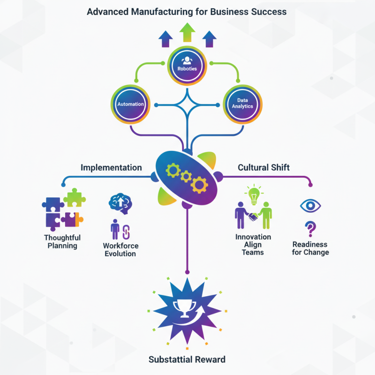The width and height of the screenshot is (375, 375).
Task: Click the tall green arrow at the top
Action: coord(187,33)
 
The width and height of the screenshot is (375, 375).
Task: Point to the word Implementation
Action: coord(111,167)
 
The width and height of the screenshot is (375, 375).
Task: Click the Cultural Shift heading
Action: coord(264,167)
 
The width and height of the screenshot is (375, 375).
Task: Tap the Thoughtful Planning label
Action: coord(62,241)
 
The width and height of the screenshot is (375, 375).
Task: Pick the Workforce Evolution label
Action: coord(120,249)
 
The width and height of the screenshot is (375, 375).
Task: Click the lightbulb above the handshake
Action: coord(253,194)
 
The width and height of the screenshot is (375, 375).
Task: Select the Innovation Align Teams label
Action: coord(253,244)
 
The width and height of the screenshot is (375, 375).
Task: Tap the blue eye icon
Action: coord(310,205)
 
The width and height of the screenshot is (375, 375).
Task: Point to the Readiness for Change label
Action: coord(310,248)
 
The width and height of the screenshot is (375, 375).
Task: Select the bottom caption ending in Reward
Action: coord(187,360)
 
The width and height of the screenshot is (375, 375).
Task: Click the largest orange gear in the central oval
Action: coord(199,185)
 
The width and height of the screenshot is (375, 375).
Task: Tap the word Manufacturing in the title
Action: coord(158,12)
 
